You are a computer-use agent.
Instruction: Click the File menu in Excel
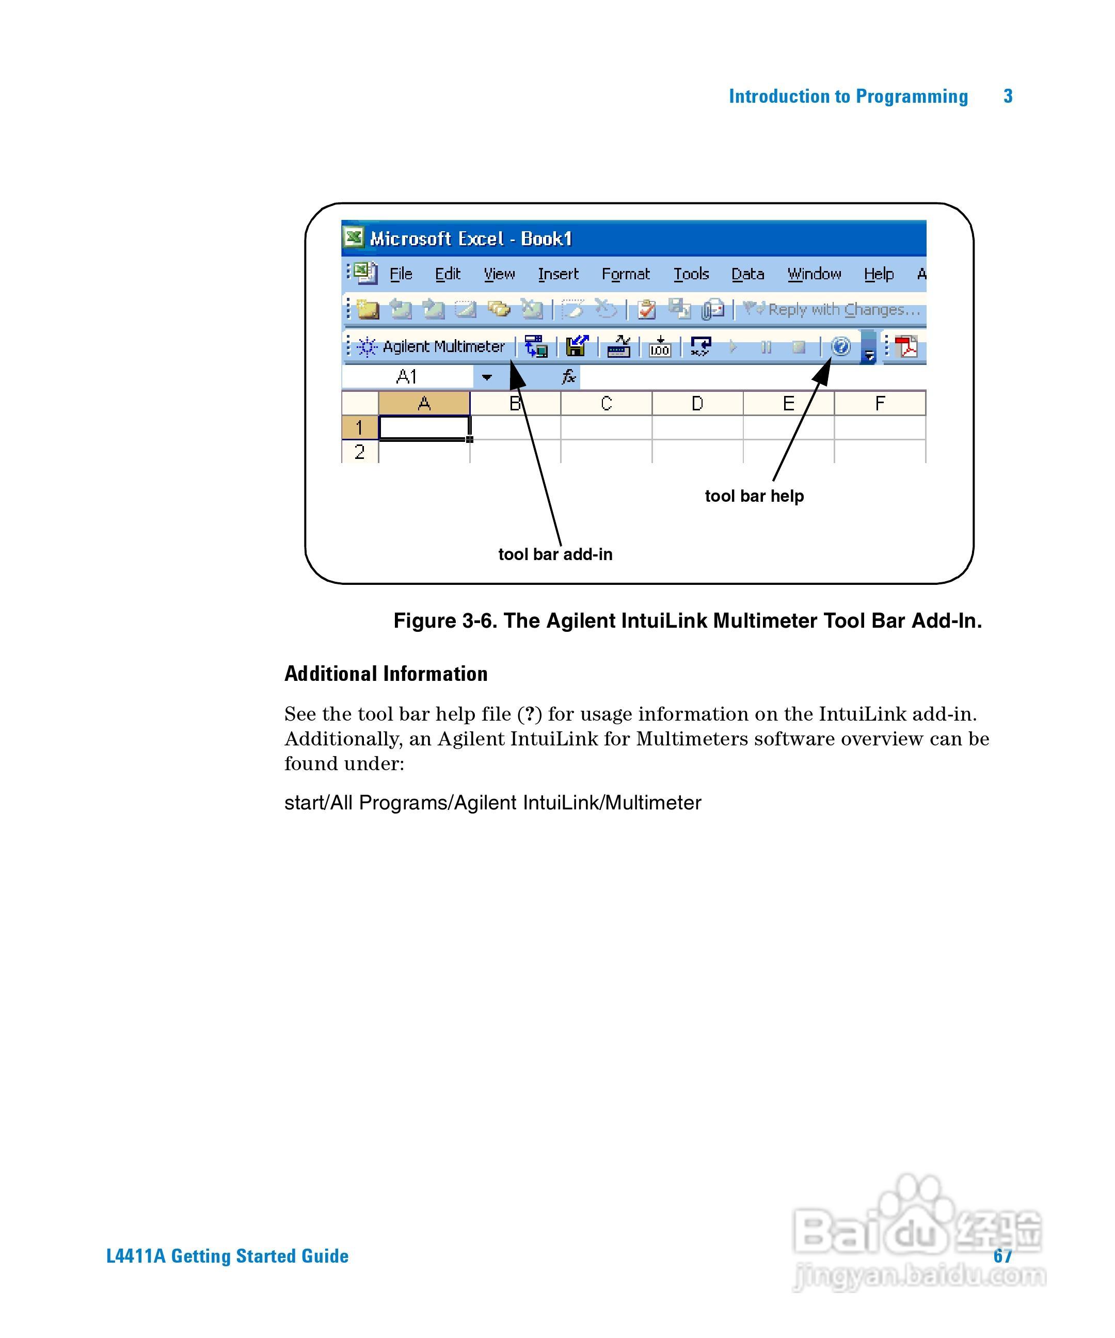pyautogui.click(x=401, y=274)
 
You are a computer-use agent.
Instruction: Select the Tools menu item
pyautogui.click(x=691, y=274)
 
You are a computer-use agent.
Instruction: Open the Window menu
pyautogui.click(x=814, y=274)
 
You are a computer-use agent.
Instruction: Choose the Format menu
pyautogui.click(x=625, y=274)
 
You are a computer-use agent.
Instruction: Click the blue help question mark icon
pyautogui.click(x=841, y=346)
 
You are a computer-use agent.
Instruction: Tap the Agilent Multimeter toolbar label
pyautogui.click(x=443, y=346)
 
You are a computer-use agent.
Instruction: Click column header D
pyautogui.click(x=697, y=403)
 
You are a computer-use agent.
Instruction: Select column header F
pyautogui.click(x=879, y=403)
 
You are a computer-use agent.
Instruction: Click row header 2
pyautogui.click(x=359, y=452)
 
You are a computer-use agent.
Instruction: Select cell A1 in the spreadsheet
pyautogui.click(x=424, y=427)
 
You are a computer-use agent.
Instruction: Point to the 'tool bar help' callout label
pyautogui.click(x=754, y=496)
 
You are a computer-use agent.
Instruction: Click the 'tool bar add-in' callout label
pyautogui.click(x=555, y=554)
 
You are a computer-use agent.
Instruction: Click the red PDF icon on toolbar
pyautogui.click(x=906, y=346)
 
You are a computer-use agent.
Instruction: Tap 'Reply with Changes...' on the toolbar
pyautogui.click(x=843, y=310)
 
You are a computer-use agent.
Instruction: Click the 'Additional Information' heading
pyautogui.click(x=386, y=674)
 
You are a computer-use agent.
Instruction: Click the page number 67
pyautogui.click(x=1002, y=1255)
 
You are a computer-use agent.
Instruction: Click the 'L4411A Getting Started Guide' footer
pyautogui.click(x=228, y=1256)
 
